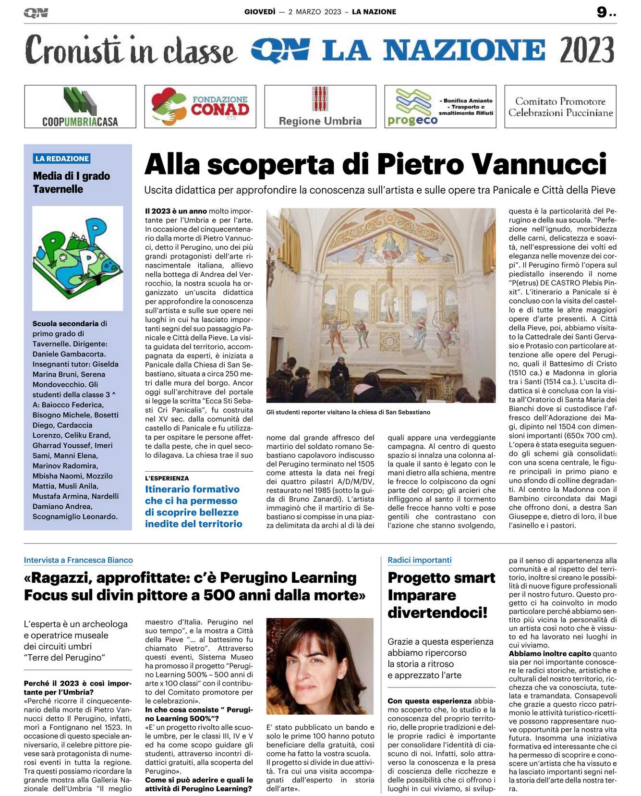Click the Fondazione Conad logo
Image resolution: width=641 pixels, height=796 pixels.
click(200, 107)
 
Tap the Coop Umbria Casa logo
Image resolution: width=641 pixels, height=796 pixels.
click(80, 107)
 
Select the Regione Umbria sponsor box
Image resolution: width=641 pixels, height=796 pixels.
click(320, 107)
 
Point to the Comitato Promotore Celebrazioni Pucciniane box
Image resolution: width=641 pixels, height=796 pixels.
click(560, 107)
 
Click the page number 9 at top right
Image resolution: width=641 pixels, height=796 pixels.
click(602, 12)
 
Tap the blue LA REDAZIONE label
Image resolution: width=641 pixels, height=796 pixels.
click(62, 159)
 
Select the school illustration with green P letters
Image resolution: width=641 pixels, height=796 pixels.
click(78, 257)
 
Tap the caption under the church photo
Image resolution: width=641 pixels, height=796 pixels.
click(348, 412)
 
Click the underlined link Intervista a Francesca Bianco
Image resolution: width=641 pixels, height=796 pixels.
click(78, 560)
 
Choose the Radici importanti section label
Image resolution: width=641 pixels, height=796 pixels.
click(420, 560)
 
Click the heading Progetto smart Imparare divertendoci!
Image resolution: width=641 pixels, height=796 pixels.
click(441, 595)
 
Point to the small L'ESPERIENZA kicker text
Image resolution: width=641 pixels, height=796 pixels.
click(167, 478)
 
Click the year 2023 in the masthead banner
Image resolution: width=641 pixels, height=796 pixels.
click(587, 50)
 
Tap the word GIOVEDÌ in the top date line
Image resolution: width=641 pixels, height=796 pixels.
click(260, 12)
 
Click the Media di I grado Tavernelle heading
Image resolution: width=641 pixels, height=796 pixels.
click(72, 183)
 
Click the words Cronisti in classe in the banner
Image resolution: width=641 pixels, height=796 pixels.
click(131, 50)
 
